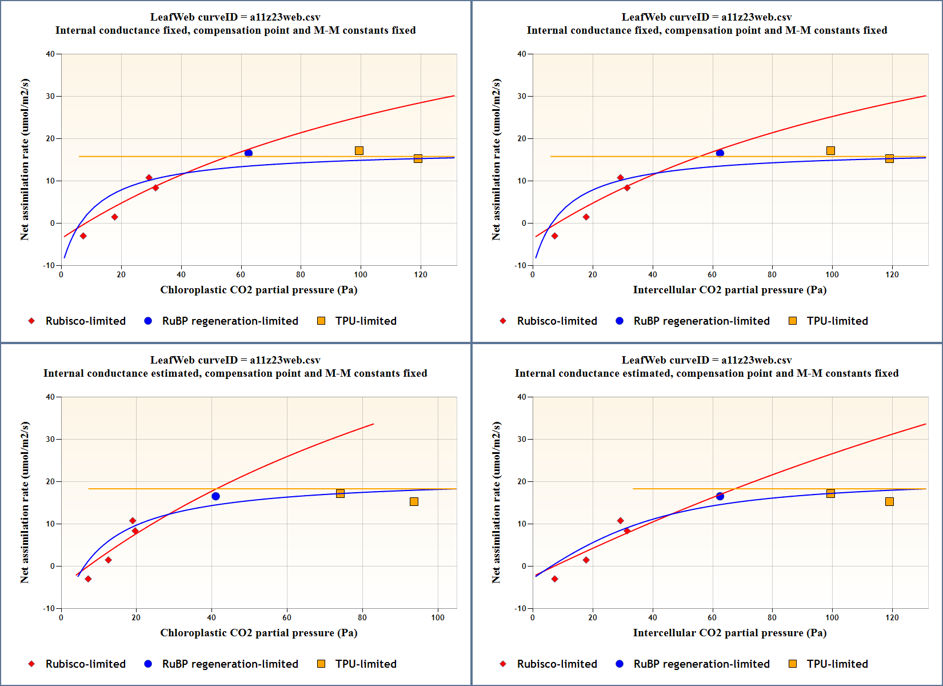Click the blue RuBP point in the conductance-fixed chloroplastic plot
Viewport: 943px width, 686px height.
(249, 153)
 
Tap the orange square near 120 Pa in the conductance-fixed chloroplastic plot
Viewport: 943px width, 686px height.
(418, 158)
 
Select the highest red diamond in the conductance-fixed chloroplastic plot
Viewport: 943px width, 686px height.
(149, 178)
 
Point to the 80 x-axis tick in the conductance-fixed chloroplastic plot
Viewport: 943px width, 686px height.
(301, 274)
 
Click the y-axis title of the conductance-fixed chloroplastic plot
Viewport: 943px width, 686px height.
(25, 159)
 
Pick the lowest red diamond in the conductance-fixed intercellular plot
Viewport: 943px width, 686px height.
(554, 236)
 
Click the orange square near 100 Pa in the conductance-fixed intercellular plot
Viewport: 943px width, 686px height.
(830, 150)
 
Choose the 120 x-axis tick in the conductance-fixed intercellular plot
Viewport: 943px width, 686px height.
(892, 274)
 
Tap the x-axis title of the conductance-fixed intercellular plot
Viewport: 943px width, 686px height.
(729, 290)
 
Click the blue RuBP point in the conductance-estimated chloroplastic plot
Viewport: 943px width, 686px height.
(215, 496)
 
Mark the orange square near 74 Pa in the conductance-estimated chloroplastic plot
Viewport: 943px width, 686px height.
(340, 493)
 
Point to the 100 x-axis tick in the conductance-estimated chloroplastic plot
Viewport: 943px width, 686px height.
(438, 617)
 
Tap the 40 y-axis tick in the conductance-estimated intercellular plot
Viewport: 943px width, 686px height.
(521, 397)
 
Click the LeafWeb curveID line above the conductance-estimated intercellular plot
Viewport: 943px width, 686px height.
(706, 360)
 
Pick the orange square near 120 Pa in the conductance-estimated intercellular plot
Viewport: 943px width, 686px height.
(889, 501)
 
